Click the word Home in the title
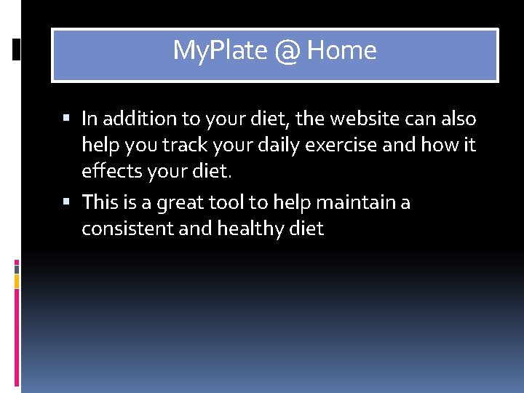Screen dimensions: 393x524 [x=341, y=51]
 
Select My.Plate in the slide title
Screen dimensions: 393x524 [x=220, y=51]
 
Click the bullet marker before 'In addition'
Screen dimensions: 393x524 [x=68, y=119]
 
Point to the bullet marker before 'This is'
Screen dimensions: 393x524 [x=68, y=202]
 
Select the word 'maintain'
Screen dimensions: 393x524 [x=352, y=201]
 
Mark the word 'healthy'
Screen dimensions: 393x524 [x=246, y=229]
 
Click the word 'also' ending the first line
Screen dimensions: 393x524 [x=456, y=118]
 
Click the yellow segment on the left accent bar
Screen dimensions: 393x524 [x=17, y=281]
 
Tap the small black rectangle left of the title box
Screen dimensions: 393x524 [x=17, y=49]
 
